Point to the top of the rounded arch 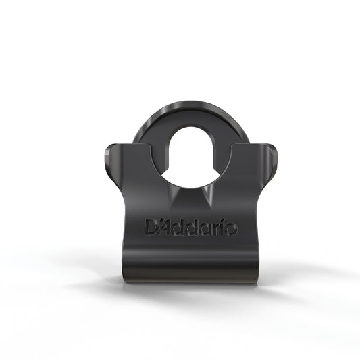[x=180, y=105]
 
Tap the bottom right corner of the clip [x=255, y=278]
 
